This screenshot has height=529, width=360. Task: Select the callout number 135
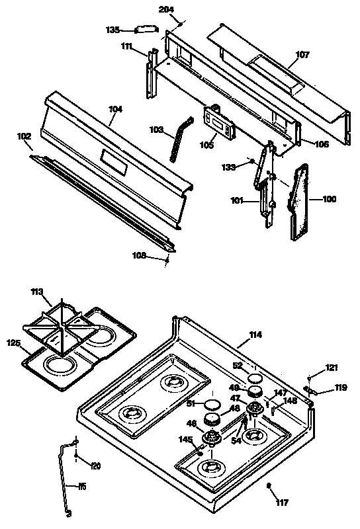pos(114,29)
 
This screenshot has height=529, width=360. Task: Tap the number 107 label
pos(302,55)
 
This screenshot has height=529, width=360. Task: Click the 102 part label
pos(24,136)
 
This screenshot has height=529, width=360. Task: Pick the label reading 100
pos(328,198)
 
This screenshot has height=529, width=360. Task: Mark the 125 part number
pos(14,343)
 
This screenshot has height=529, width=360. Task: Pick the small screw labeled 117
pos(269,488)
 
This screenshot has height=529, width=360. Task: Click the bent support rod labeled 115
pos(67,476)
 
